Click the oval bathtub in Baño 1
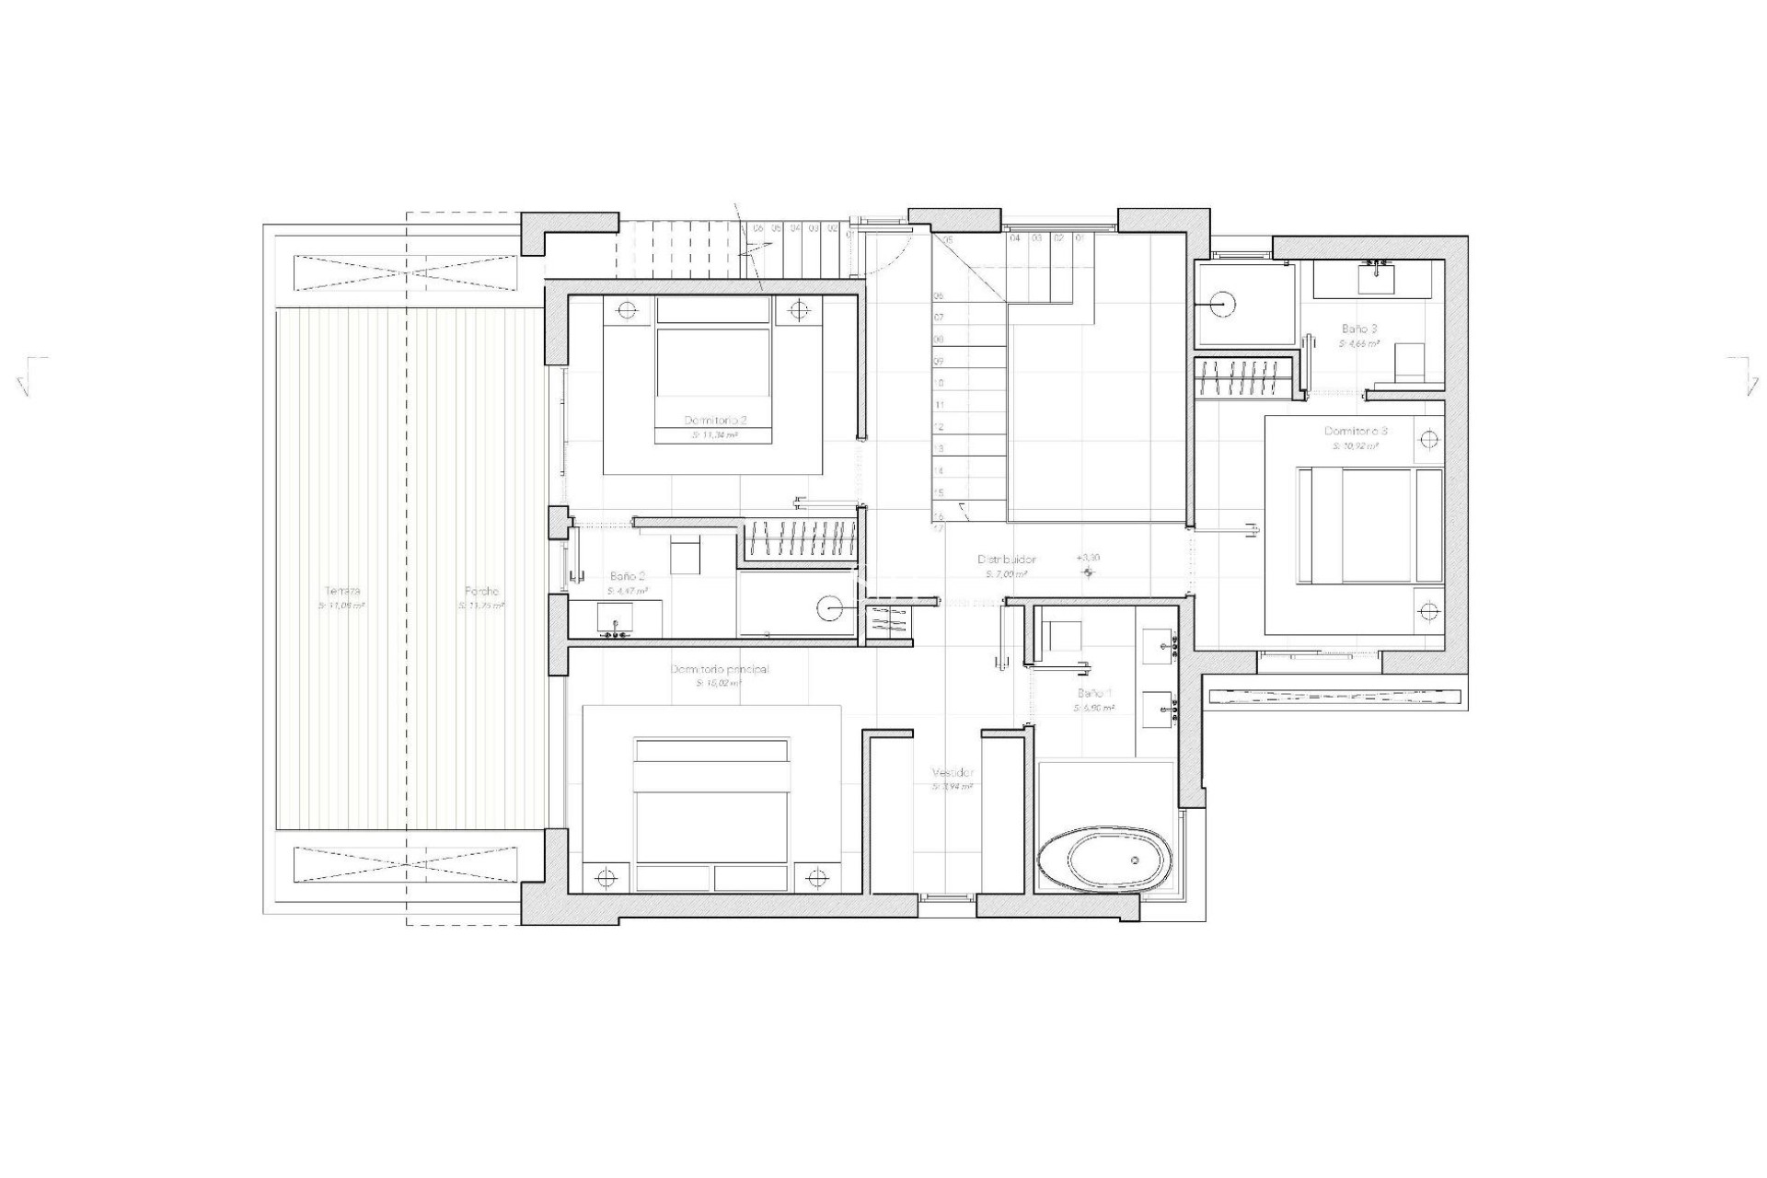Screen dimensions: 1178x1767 click(1105, 860)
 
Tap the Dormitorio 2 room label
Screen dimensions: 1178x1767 click(714, 420)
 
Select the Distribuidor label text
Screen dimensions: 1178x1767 click(1006, 560)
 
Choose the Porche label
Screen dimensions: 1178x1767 click(480, 592)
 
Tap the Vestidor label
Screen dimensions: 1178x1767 click(953, 773)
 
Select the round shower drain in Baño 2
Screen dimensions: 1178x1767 click(830, 607)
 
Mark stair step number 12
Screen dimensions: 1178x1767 click(940, 427)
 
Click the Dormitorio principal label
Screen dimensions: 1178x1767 click(720, 669)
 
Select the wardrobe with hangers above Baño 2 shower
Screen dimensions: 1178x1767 click(799, 539)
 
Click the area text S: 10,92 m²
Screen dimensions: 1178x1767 click(1356, 445)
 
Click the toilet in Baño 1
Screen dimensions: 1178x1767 click(1064, 636)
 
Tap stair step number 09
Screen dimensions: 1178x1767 click(940, 362)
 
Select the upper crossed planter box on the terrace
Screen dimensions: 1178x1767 click(407, 273)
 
